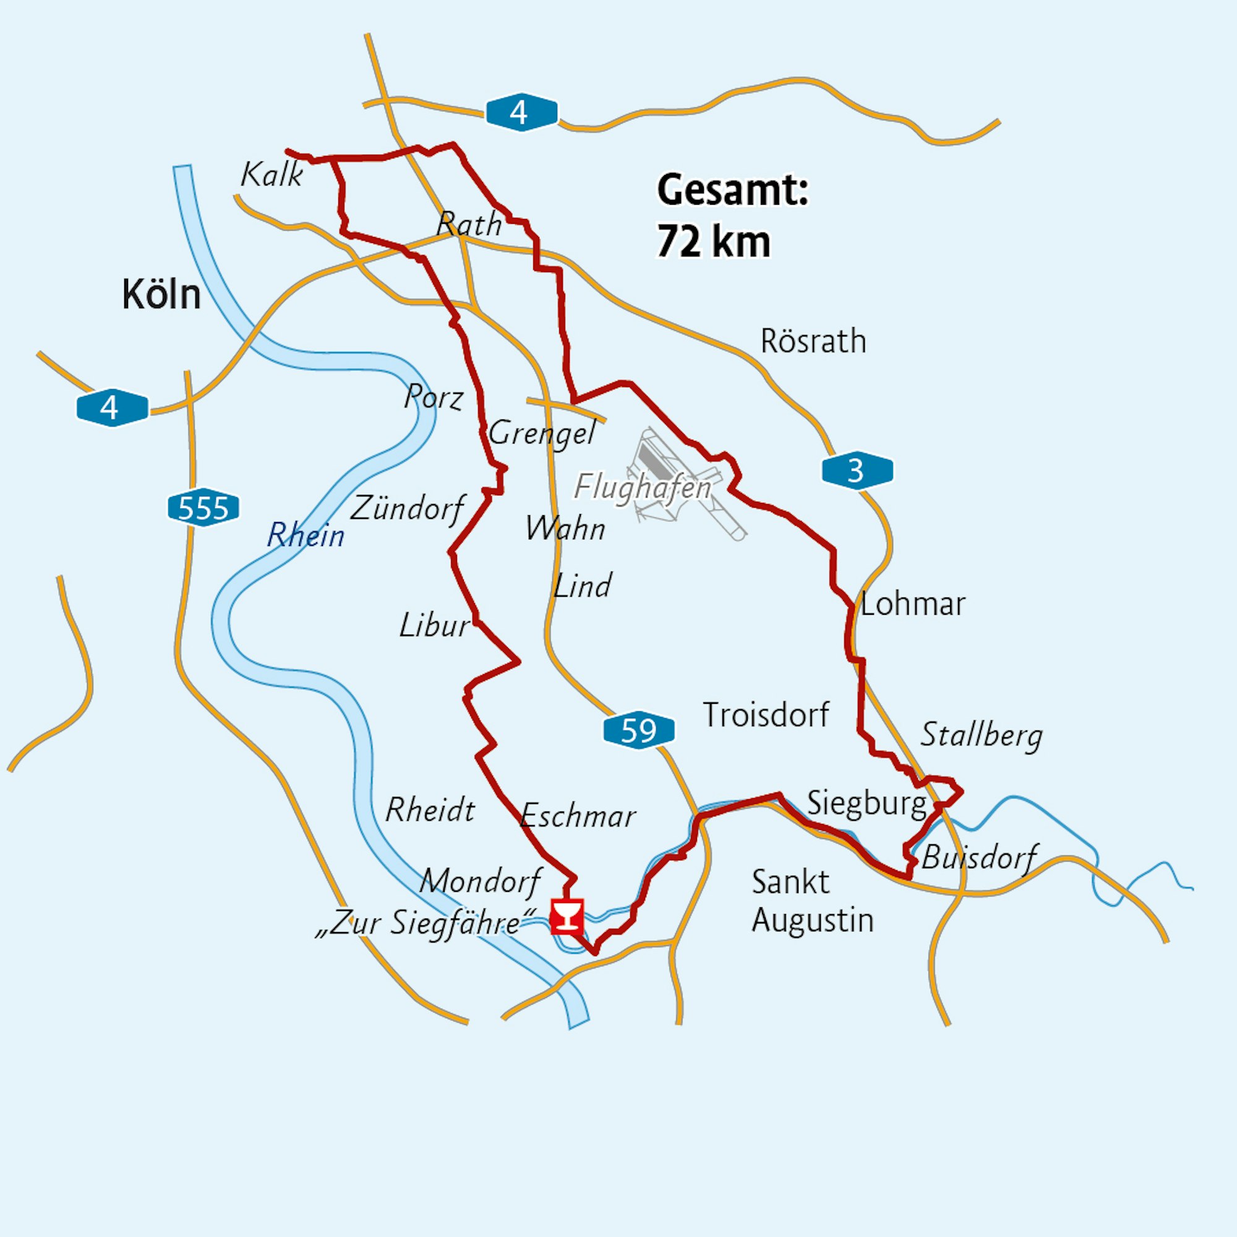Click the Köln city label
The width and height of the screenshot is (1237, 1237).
161,295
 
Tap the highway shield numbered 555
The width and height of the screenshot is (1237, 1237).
203,509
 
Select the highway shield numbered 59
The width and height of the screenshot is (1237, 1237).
638,730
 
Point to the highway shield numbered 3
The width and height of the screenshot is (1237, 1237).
857,471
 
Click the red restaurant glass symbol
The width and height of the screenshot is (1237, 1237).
567,916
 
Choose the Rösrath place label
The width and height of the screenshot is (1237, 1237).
813,341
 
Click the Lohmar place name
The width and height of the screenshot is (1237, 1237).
912,604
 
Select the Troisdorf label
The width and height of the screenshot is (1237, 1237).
766,714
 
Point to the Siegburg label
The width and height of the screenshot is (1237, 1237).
867,803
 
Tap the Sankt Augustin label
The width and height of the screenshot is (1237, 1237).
812,901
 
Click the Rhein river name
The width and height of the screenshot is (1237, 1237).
306,535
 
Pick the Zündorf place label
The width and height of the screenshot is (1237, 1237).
407,509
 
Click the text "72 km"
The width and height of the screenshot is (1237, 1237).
713,242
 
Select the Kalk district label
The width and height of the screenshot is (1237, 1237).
272,174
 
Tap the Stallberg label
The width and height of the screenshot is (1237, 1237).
982,735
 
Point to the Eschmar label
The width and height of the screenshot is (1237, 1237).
578,816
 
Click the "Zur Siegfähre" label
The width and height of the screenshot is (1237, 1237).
426,923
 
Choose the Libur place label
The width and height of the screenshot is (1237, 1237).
434,625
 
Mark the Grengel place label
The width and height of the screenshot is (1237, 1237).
542,434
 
